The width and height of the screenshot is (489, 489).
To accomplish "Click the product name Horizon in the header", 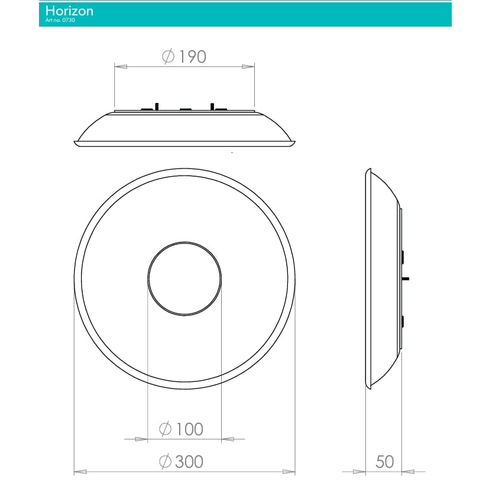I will click(69, 11).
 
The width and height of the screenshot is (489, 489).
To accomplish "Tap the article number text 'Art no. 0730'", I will click(60, 21).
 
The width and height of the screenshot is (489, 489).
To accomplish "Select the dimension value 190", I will click(192, 57).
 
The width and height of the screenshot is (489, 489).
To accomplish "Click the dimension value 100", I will click(189, 429).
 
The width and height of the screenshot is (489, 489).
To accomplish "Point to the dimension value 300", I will click(189, 461).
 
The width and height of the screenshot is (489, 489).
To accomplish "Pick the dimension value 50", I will click(384, 461).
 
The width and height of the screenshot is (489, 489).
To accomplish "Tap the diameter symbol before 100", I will click(166, 429).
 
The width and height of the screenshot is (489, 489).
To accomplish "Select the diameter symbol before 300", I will click(166, 461).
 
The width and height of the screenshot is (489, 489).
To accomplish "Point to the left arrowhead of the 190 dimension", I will click(120, 66).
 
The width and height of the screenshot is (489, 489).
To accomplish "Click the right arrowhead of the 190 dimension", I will click(248, 66).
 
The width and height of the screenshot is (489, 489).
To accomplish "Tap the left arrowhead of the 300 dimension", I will click(80, 471).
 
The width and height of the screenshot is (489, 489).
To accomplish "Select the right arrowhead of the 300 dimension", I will click(289, 471).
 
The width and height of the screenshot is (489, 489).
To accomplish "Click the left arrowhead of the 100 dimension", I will click(141, 439).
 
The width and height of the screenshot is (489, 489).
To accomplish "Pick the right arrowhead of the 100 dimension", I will click(227, 439).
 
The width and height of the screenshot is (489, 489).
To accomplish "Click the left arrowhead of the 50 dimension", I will click(360, 471).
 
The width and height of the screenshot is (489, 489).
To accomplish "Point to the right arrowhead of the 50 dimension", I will click(407, 471).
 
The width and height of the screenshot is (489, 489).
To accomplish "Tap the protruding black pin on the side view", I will click(405, 277).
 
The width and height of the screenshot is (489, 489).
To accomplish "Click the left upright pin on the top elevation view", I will click(157, 106).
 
